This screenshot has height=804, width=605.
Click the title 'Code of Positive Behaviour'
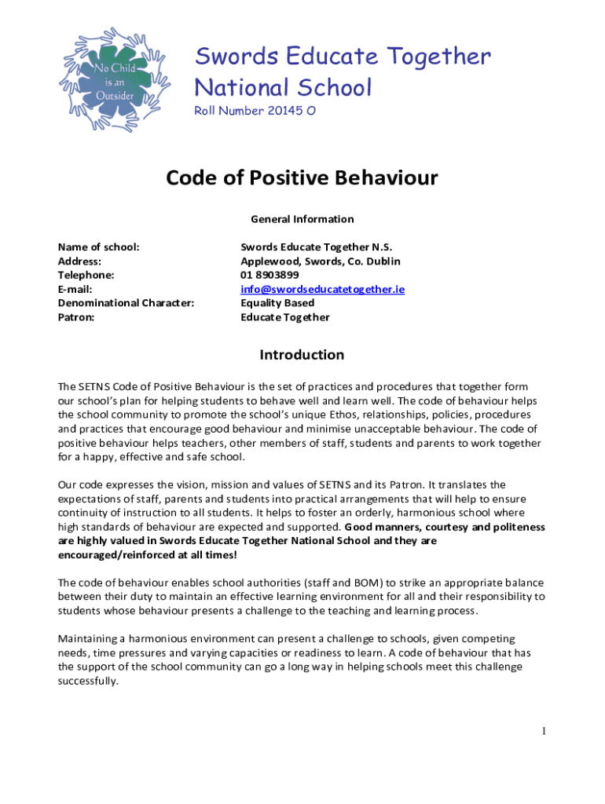pos(302,179)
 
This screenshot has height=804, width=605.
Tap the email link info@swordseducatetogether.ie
pos(322,289)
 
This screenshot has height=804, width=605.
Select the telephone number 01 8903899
pos(269,275)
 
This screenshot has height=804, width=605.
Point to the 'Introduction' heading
pos(302,355)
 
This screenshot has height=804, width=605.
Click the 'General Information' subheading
pos(302,219)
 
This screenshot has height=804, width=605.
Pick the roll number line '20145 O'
pos(255,111)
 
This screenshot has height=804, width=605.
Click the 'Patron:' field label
pos(76,317)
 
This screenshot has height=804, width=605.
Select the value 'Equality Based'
pos(277,303)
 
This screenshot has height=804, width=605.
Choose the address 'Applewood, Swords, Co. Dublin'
pos(320,261)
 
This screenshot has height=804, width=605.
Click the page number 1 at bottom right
pos(543,732)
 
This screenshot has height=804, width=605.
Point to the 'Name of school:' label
pos(99,247)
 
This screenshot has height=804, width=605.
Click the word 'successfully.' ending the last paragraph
pos(88,681)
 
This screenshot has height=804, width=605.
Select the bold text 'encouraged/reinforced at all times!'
pos(147,555)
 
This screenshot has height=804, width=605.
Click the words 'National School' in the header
pos(283,87)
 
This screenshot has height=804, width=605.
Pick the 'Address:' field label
pos(79,261)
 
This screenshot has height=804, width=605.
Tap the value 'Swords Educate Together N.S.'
pos(316,247)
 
